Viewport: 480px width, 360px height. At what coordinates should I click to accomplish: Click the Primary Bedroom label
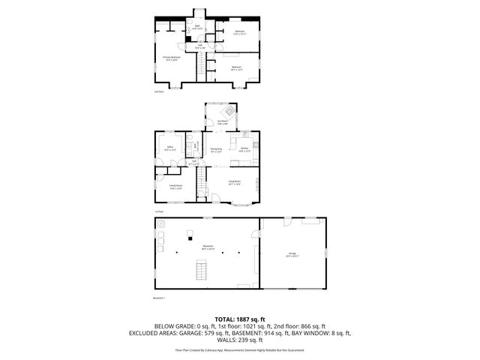(x=172, y=57)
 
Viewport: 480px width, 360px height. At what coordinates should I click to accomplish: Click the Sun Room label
(x=222, y=122)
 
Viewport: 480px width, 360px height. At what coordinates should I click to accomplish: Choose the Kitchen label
(x=244, y=148)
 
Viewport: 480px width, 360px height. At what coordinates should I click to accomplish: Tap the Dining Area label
(x=216, y=148)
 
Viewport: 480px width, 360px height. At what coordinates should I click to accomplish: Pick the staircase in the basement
(x=200, y=270)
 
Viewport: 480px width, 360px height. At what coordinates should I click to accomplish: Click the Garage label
(x=292, y=254)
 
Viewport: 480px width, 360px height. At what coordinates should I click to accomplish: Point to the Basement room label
(x=208, y=247)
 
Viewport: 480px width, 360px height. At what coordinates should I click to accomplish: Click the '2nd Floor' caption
(x=158, y=92)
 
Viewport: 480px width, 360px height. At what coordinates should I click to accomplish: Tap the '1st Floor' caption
(x=159, y=211)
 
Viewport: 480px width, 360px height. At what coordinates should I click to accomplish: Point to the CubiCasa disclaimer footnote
(x=240, y=350)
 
